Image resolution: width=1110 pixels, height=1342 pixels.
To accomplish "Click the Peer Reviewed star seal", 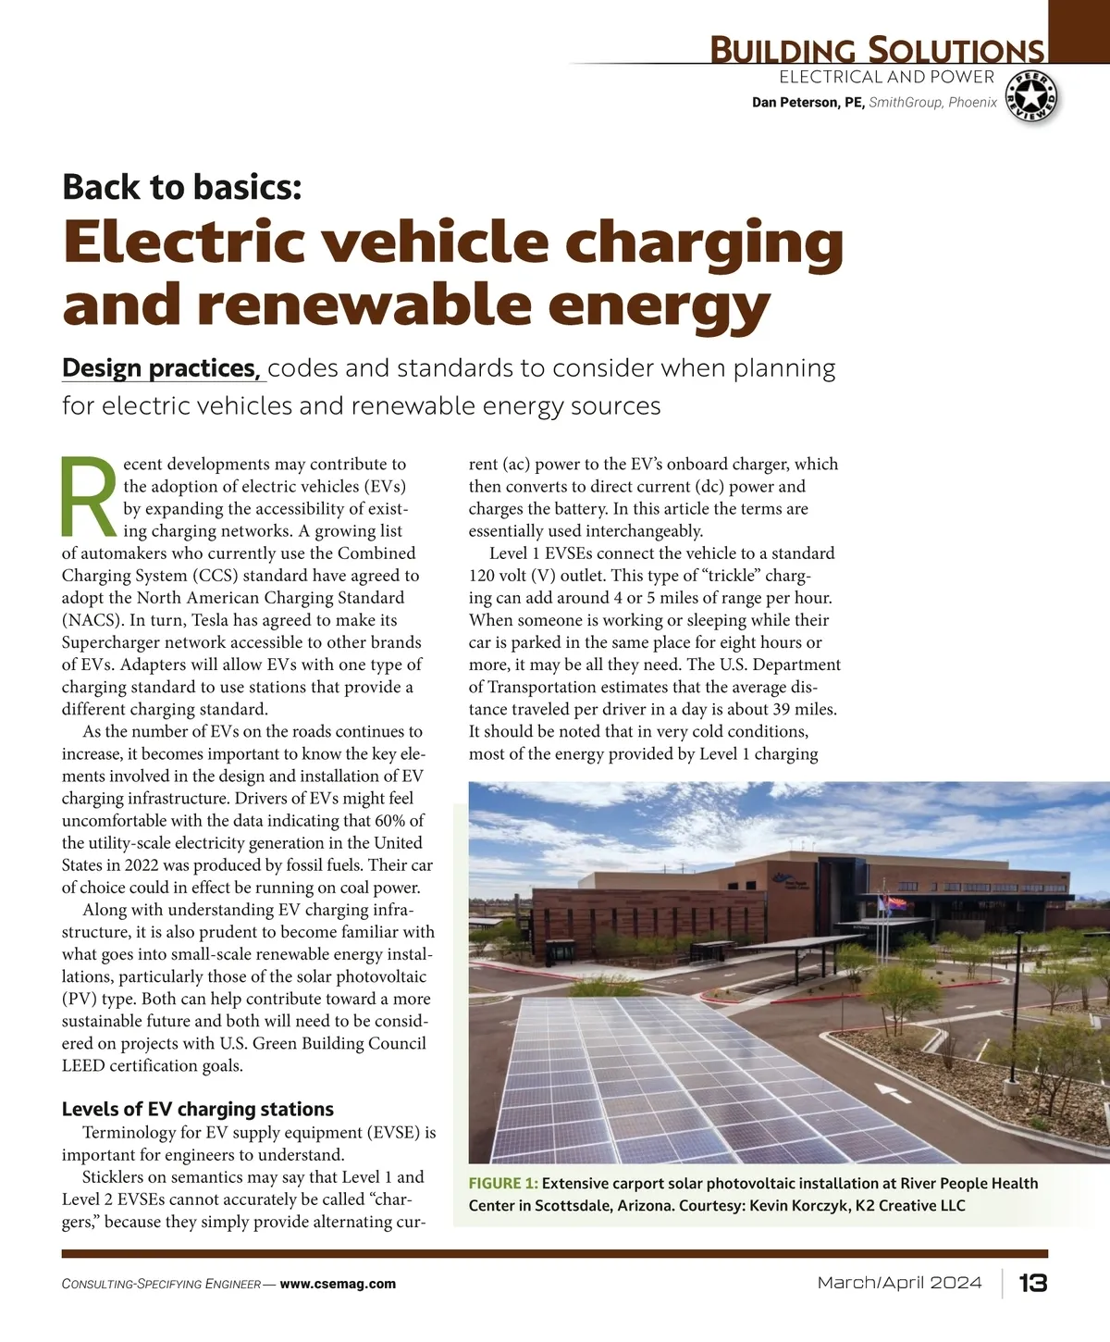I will pos(1031,96).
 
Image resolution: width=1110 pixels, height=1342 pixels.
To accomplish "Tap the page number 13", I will pos(1032,1283).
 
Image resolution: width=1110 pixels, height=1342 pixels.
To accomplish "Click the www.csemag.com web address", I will pos(338,1284).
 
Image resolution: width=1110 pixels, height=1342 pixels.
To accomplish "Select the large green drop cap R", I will pos(89,497).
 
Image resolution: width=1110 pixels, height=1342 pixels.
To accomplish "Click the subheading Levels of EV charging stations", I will pos(198,1109).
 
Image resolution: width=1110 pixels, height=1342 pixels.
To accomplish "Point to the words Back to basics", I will pos(182,187).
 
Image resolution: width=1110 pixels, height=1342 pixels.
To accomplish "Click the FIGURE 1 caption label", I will pos(503,1183).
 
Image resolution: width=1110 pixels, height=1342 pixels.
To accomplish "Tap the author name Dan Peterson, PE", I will pos(808,103).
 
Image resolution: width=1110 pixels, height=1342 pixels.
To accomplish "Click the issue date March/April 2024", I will pos(899,1283).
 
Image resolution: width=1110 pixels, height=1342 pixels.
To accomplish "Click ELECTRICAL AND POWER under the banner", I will pos(886,77).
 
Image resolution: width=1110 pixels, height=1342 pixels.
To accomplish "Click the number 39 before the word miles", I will pos(781,710).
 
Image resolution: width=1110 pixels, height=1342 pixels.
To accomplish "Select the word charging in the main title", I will pos(704,242).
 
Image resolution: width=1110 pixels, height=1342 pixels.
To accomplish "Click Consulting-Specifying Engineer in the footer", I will pos(161,1285).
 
